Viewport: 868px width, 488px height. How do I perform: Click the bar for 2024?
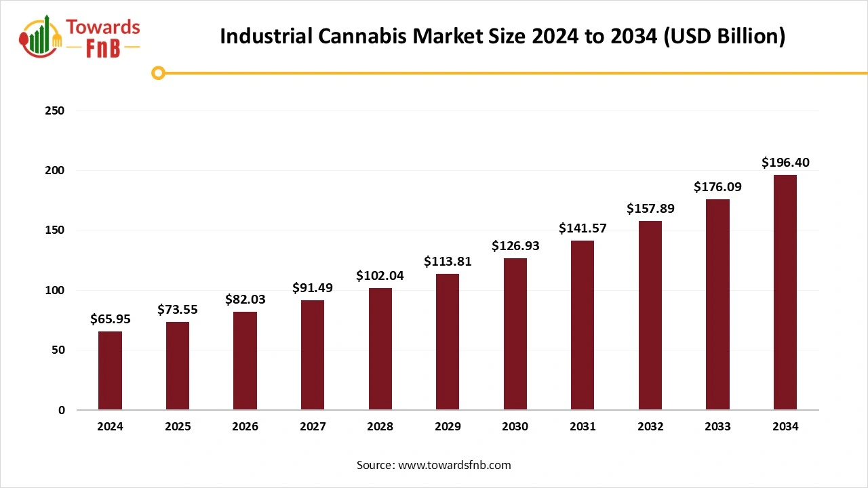coord(110,371)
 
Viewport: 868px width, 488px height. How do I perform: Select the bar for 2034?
coord(785,292)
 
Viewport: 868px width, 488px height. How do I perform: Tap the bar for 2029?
coord(448,342)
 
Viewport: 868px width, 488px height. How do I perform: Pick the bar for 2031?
coord(583,325)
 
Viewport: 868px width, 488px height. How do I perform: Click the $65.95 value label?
coord(110,319)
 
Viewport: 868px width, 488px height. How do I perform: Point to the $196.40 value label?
coord(785,163)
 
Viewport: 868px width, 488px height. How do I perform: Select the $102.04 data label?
coord(380,276)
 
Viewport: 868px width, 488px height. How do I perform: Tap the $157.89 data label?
coord(650,209)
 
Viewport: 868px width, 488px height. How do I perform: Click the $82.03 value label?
coord(245,300)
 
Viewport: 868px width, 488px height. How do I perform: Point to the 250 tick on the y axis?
coord(56,110)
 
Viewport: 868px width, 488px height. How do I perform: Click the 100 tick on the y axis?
coord(56,290)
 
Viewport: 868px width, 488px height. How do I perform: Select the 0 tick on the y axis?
coord(61,410)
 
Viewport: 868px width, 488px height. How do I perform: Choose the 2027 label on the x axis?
coord(313,427)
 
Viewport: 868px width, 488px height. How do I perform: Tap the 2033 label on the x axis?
coord(717,427)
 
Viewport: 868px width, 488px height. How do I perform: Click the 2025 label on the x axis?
coord(178,427)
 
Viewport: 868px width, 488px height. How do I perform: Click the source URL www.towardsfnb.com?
coord(454,465)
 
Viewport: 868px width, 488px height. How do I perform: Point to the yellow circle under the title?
coord(158,73)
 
